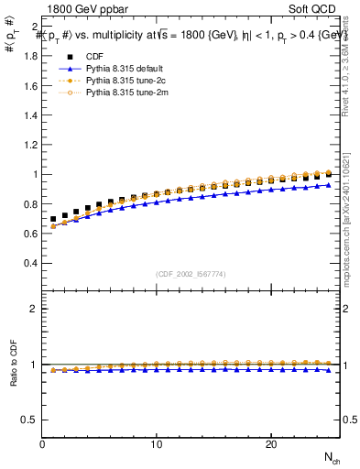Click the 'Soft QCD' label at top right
[315, 10]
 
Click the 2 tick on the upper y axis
[33, 26]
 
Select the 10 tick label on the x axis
[157, 444]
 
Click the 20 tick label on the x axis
[270, 444]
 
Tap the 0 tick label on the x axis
[43, 444]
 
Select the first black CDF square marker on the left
[54, 220]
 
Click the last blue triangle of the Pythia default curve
[328, 185]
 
